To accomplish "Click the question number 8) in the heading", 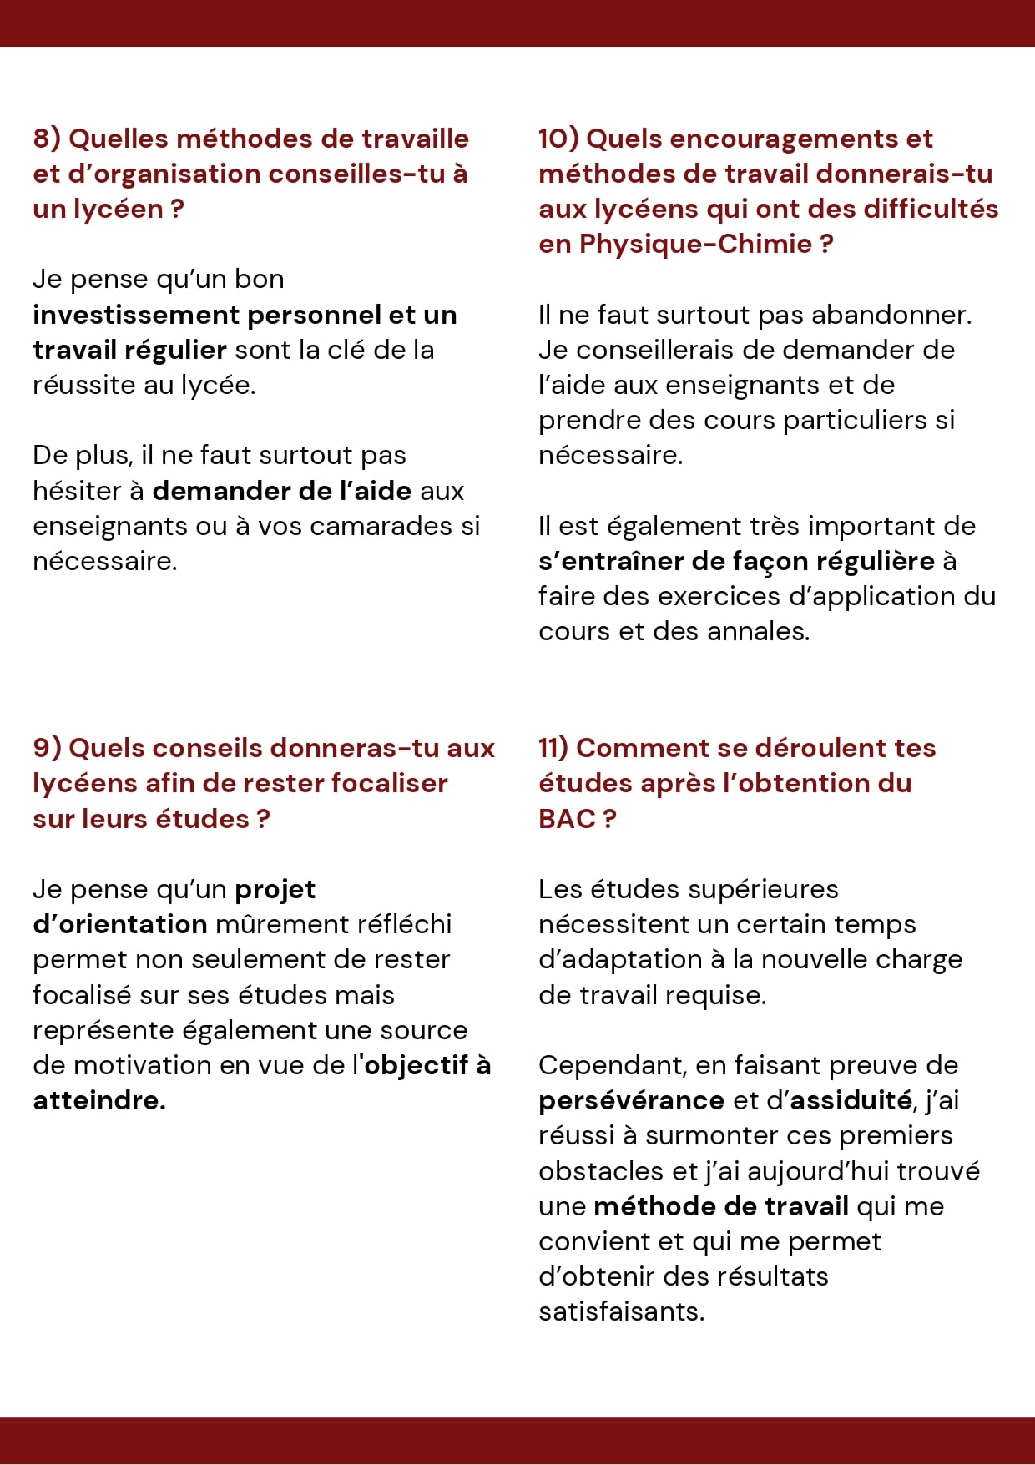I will tap(47, 139).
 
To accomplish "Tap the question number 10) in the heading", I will tap(558, 139).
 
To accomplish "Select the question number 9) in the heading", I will tap(47, 748).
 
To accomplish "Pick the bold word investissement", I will tap(137, 315).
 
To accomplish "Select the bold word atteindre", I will tap(98, 1100).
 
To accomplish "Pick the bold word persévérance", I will tap(631, 1100).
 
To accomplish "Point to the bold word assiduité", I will tap(850, 1100).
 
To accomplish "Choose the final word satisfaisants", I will tap(621, 1311).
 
